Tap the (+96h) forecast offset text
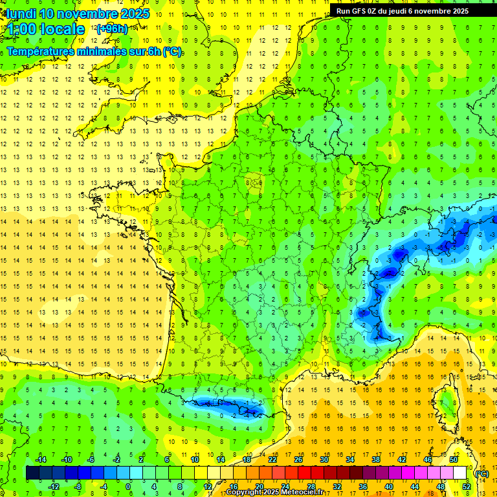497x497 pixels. [111, 29]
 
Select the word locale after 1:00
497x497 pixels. [62, 29]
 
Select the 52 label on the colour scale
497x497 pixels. [466, 487]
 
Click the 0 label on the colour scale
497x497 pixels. [128, 487]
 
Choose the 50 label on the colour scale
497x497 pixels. [454, 459]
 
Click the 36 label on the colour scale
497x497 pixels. [363, 487]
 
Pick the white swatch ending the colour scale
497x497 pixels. [460, 473]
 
